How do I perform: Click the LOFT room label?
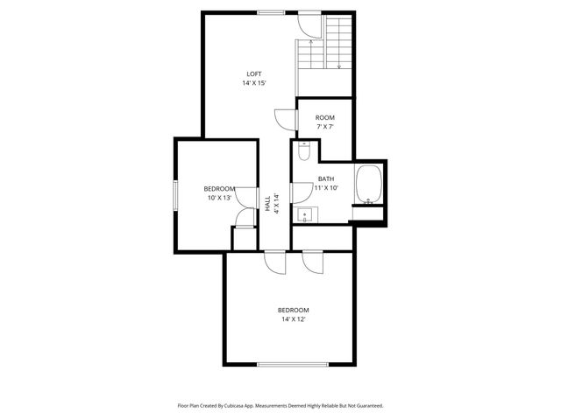pyautogui.click(x=253, y=73)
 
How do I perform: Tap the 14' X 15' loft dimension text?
pyautogui.click(x=253, y=83)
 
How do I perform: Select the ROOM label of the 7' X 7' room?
pyautogui.click(x=325, y=117)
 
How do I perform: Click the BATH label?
pyautogui.click(x=326, y=178)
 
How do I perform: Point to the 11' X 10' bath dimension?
pyautogui.click(x=326, y=187)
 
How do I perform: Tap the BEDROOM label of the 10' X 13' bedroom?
pyautogui.click(x=219, y=189)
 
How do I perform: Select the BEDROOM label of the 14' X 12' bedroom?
pyautogui.click(x=294, y=310)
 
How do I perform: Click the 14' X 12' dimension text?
pyautogui.click(x=294, y=319)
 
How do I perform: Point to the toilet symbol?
pyautogui.click(x=302, y=151)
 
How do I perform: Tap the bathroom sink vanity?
pyautogui.click(x=306, y=213)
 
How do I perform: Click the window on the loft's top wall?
pyautogui.click(x=271, y=12)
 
